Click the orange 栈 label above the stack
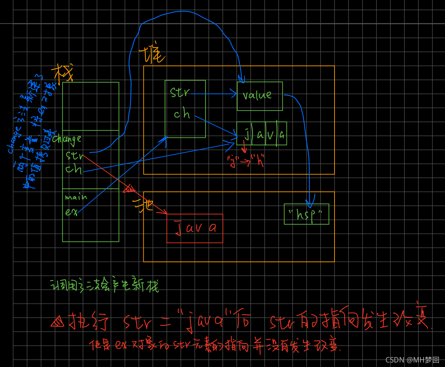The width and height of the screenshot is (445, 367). click(62, 72)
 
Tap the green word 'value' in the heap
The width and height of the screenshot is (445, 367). click(257, 95)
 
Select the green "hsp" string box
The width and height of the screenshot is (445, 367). click(306, 214)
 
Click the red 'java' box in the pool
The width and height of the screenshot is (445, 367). click(195, 228)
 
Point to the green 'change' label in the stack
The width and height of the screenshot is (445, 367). click(67, 139)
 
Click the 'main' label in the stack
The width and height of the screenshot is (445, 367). click(75, 197)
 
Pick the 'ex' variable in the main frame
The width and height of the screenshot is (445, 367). click(71, 212)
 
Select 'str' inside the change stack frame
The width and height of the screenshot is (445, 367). click(74, 156)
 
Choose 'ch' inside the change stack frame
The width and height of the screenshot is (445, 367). click(74, 169)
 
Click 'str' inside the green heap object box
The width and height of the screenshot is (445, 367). click(180, 93)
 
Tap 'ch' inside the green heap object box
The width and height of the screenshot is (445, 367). click(181, 114)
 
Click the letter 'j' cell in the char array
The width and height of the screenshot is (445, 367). click(246, 134)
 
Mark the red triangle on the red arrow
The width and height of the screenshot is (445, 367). click(129, 188)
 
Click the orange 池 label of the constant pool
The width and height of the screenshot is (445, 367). click(143, 205)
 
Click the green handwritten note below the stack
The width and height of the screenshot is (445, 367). click(104, 286)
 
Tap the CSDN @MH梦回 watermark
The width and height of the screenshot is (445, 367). click(412, 360)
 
